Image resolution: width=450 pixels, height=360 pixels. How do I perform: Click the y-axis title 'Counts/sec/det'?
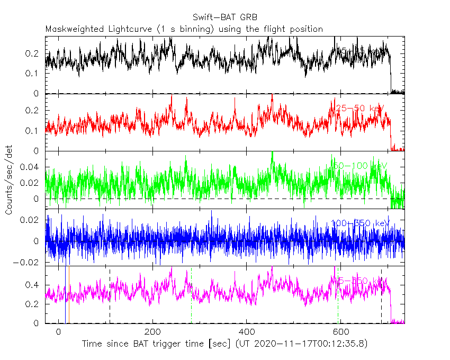pyautogui.click(x=8, y=180)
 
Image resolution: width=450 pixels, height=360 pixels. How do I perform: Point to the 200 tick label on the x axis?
pyautogui.click(x=153, y=332)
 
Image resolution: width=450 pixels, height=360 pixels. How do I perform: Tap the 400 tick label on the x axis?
pyautogui.click(x=247, y=332)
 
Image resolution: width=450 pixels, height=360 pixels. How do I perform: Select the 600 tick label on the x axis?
pyautogui.click(x=341, y=332)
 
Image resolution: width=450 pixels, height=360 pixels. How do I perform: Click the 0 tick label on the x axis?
pyautogui.click(x=59, y=332)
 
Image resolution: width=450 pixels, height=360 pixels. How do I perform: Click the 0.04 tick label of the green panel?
pyautogui.click(x=31, y=167)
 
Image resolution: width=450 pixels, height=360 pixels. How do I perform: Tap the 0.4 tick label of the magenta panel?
pyautogui.click(x=34, y=285)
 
